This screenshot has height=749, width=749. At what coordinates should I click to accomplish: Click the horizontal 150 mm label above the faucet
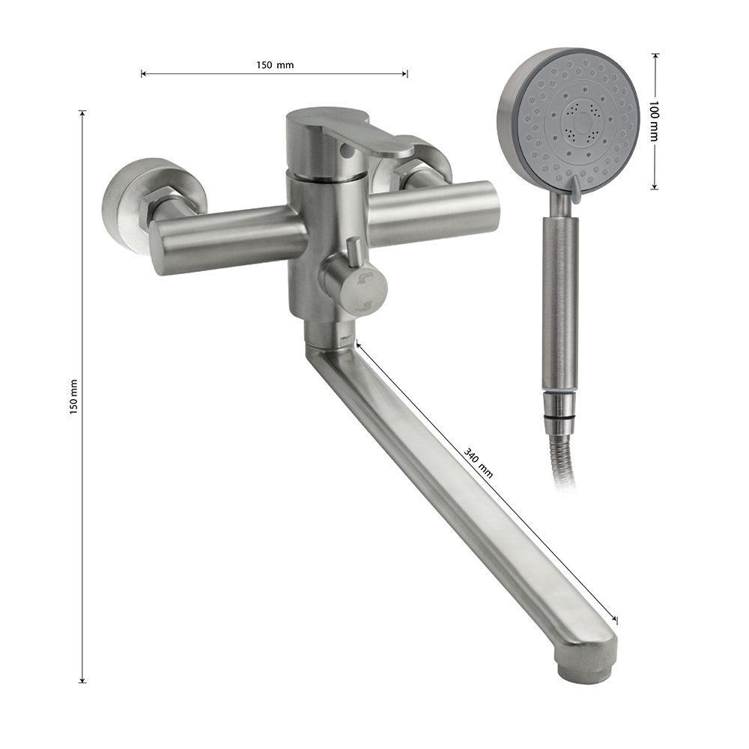pyautogui.click(x=275, y=65)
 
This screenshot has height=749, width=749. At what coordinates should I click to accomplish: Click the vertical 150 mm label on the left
pyautogui.click(x=73, y=396)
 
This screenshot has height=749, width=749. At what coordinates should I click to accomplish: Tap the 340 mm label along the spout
pyautogui.click(x=478, y=463)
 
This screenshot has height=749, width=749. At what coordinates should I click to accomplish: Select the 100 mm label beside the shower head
pyautogui.click(x=654, y=121)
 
